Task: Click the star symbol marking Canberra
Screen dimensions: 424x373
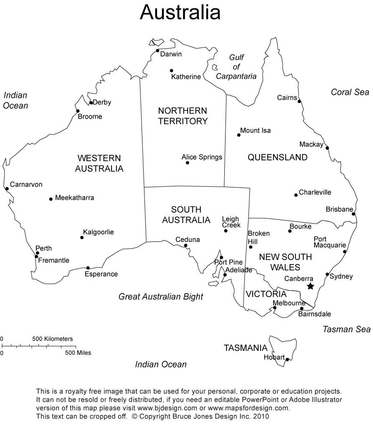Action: tap(310, 286)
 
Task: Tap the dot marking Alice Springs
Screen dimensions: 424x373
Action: tap(187, 162)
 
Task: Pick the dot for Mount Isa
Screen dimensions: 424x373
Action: tap(239, 135)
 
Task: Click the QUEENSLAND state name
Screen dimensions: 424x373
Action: tap(277, 157)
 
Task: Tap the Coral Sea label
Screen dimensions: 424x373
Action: tap(350, 92)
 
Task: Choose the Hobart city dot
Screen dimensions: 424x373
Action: tap(287, 359)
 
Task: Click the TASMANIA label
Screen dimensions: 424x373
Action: tap(245, 348)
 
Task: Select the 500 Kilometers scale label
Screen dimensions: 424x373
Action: tap(53, 338)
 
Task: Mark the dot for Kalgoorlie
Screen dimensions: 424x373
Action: tap(82, 238)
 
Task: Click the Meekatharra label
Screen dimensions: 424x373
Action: tap(74, 198)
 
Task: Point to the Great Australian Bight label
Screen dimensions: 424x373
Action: tap(161, 297)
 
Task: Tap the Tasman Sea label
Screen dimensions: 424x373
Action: tap(346, 329)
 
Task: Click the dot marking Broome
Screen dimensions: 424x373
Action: tap(78, 111)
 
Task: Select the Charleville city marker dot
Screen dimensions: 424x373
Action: tap(296, 195)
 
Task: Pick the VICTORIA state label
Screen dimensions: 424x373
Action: tap(266, 294)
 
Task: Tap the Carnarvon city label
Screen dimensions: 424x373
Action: tap(26, 184)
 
